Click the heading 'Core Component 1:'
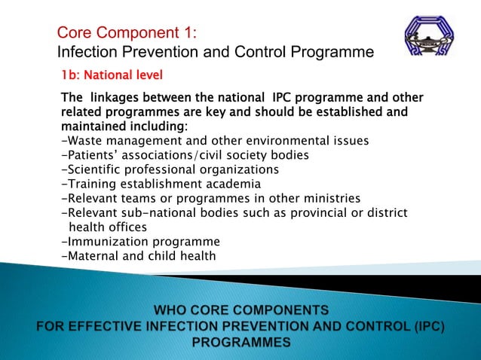pos(127,33)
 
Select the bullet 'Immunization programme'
pos(140,241)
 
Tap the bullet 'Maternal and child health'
pos(138,255)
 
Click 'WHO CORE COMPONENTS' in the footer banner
pos(240,310)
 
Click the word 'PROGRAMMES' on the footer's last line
pos(240,342)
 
